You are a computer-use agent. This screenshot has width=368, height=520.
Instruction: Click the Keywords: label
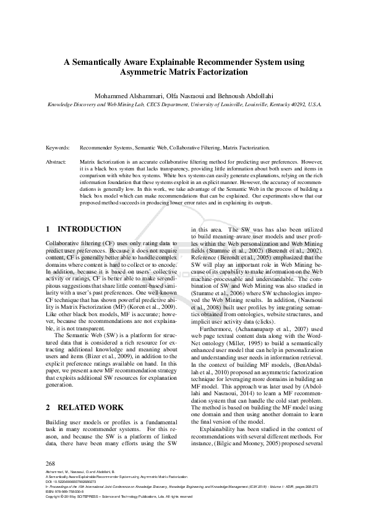59,148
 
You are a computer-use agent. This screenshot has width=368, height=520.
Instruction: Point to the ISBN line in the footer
67,491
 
